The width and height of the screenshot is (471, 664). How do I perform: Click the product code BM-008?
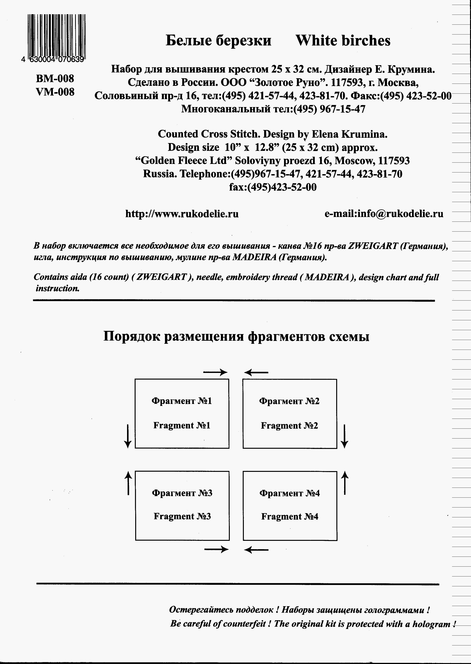pyautogui.click(x=55, y=78)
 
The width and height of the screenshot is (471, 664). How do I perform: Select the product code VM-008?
pyautogui.click(x=55, y=92)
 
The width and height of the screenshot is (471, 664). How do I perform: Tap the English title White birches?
pyautogui.click(x=343, y=41)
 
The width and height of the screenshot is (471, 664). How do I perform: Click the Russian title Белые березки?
pyautogui.click(x=218, y=41)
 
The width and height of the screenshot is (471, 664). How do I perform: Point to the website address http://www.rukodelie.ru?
pyautogui.click(x=182, y=214)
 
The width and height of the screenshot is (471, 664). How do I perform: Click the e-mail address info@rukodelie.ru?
pyautogui.click(x=384, y=214)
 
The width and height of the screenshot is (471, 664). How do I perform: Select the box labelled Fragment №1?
pyautogui.click(x=182, y=414)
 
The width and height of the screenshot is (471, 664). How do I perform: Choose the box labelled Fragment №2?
pyautogui.click(x=289, y=414)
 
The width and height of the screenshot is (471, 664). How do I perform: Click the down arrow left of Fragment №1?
pyautogui.click(x=128, y=436)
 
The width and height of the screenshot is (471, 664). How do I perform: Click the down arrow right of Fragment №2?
pyautogui.click(x=344, y=436)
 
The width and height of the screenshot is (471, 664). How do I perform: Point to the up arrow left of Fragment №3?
pyautogui.click(x=128, y=483)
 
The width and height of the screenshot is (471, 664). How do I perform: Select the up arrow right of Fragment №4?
pyautogui.click(x=344, y=483)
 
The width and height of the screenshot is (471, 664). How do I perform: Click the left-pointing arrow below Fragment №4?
pyautogui.click(x=256, y=550)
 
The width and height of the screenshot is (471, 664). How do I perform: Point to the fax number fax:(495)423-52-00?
pyautogui.click(x=273, y=187)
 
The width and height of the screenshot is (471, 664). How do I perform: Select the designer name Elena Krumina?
pyautogui.click(x=349, y=134)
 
